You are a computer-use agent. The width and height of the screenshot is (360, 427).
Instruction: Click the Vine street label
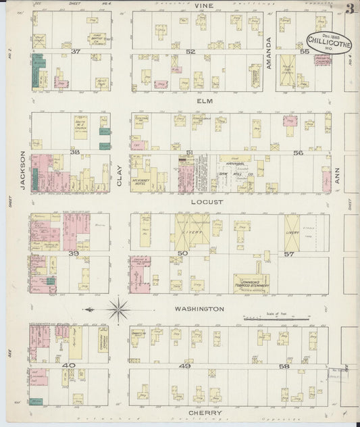click(x=204, y=5)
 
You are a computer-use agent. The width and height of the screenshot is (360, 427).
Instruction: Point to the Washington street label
click(x=200, y=309)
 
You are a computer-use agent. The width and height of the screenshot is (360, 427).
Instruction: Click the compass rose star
click(x=118, y=310)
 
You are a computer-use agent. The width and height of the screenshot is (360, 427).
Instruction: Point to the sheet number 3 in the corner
click(x=350, y=9)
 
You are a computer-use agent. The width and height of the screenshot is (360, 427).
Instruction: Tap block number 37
click(x=76, y=51)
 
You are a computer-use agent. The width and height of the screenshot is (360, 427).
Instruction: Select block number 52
click(x=190, y=51)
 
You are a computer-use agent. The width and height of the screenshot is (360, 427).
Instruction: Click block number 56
click(x=298, y=153)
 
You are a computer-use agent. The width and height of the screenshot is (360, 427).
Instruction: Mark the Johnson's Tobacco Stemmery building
click(x=252, y=284)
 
